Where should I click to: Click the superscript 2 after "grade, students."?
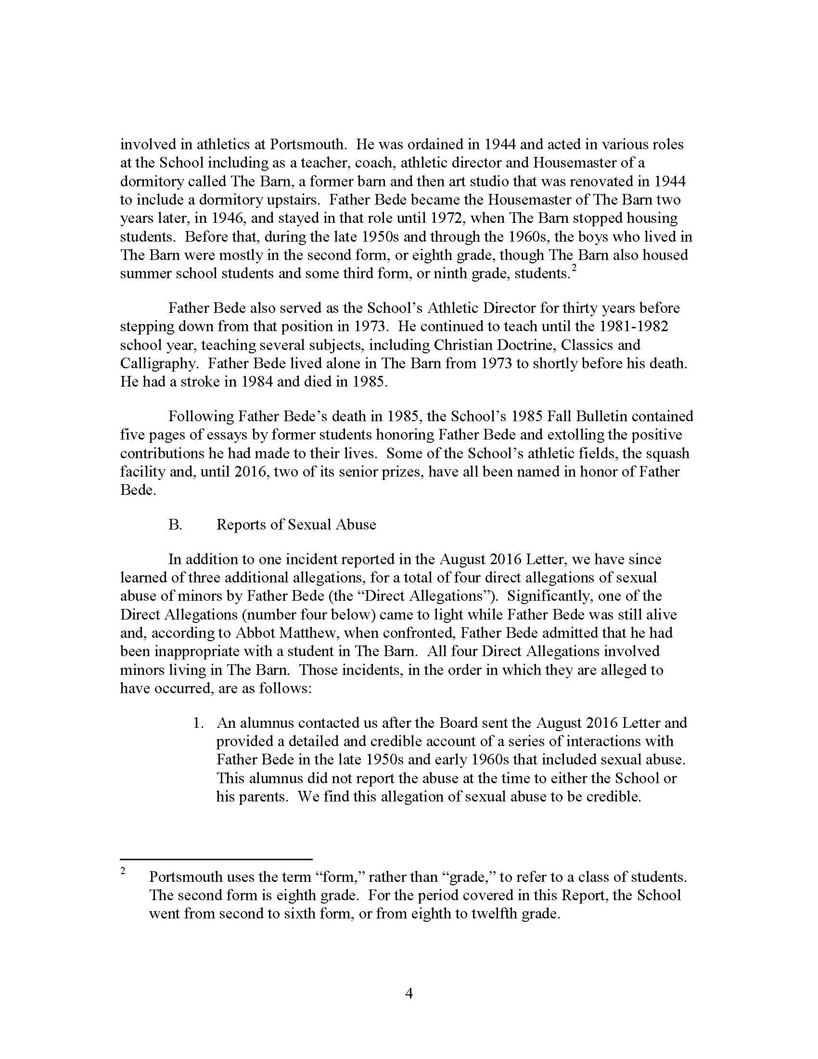tap(574, 268)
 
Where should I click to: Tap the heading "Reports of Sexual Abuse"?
tap(296, 525)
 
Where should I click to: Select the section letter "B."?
tap(175, 525)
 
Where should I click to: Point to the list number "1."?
tap(198, 723)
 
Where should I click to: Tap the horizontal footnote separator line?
tap(216, 860)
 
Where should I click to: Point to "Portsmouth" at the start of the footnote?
tap(186, 877)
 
